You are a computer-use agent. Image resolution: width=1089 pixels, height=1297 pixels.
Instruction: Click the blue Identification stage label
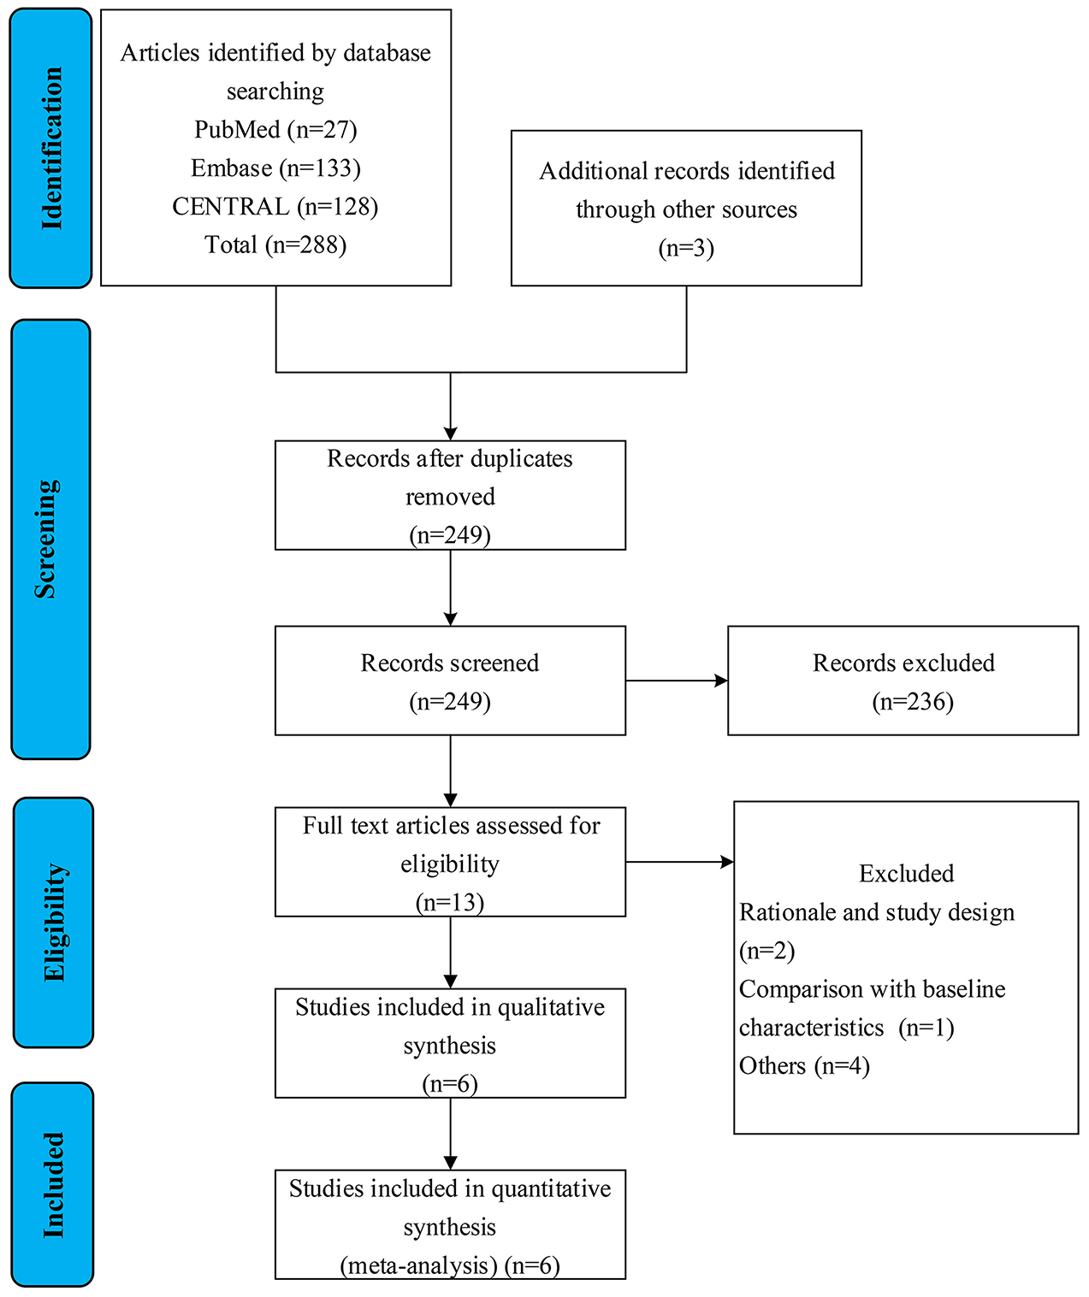click(x=50, y=148)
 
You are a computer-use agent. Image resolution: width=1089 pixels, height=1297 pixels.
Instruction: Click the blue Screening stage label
click(x=50, y=539)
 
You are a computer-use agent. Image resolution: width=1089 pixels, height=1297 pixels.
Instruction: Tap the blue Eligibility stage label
click(x=53, y=922)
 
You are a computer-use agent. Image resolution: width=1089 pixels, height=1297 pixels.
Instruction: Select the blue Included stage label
click(x=53, y=1184)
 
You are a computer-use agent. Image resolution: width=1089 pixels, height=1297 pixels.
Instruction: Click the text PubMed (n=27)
click(x=275, y=130)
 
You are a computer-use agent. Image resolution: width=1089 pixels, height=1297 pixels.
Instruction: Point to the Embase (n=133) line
click(x=275, y=168)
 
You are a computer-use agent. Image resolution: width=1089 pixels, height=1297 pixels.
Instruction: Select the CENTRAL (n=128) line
click(x=275, y=207)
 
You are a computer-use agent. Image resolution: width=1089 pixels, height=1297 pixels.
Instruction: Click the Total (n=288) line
click(x=275, y=245)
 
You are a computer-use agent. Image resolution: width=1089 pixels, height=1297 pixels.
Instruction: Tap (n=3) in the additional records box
click(x=686, y=249)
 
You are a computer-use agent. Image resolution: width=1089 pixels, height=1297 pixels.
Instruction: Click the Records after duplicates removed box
click(x=450, y=495)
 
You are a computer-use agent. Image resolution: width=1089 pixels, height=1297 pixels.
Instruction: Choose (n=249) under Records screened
click(x=450, y=702)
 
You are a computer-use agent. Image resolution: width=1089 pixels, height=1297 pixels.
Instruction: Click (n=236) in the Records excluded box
click(x=912, y=702)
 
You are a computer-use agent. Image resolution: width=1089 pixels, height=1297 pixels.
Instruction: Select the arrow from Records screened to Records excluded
click(x=677, y=681)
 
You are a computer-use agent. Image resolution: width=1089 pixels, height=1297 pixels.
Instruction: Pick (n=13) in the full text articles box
click(x=450, y=903)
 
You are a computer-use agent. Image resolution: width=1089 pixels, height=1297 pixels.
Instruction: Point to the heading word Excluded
click(x=906, y=874)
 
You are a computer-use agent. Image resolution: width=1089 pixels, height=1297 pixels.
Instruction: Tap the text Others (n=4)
click(x=804, y=1066)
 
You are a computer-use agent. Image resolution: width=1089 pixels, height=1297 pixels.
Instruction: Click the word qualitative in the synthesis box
click(x=551, y=1008)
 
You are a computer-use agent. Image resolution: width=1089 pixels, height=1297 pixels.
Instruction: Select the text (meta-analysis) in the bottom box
click(x=419, y=1266)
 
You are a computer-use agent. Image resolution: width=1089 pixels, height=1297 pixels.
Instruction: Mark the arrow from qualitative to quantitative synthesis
click(x=450, y=1134)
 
